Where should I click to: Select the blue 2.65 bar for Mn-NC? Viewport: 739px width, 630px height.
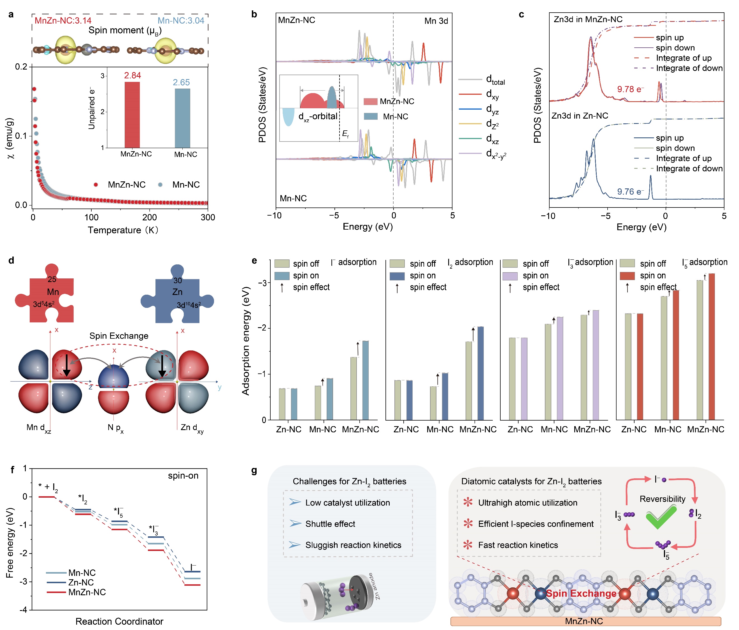182,118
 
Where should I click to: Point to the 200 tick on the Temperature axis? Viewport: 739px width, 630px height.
149,217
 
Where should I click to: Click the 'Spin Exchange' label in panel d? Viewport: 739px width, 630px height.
119,336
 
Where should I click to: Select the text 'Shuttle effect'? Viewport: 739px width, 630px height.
330,524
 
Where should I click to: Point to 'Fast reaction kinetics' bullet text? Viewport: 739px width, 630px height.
518,545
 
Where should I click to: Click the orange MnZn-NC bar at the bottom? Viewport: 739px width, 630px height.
585,621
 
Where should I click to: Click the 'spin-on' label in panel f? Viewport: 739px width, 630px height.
183,476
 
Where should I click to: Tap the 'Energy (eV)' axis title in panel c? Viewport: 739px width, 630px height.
641,227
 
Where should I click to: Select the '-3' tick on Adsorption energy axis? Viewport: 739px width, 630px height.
263,283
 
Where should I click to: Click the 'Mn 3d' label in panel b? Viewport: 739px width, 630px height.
436,21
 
